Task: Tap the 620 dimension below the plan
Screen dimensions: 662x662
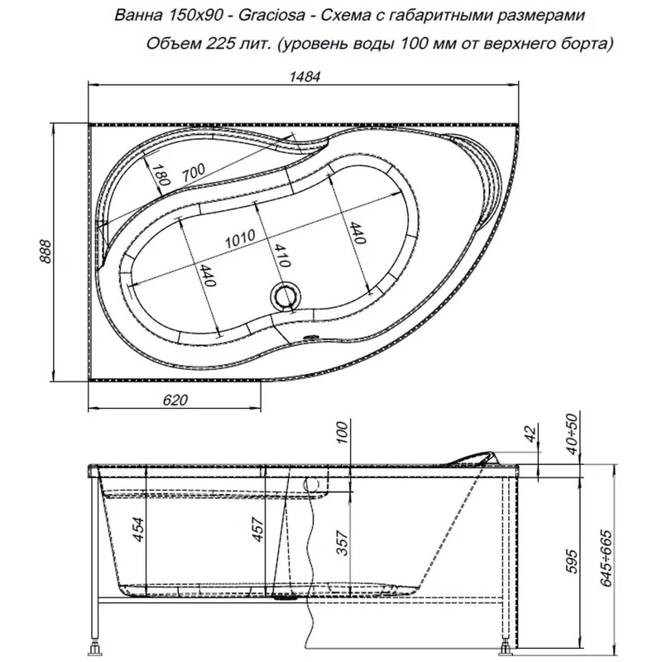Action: coord(170,400)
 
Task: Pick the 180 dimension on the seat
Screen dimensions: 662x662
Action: coord(162,175)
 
